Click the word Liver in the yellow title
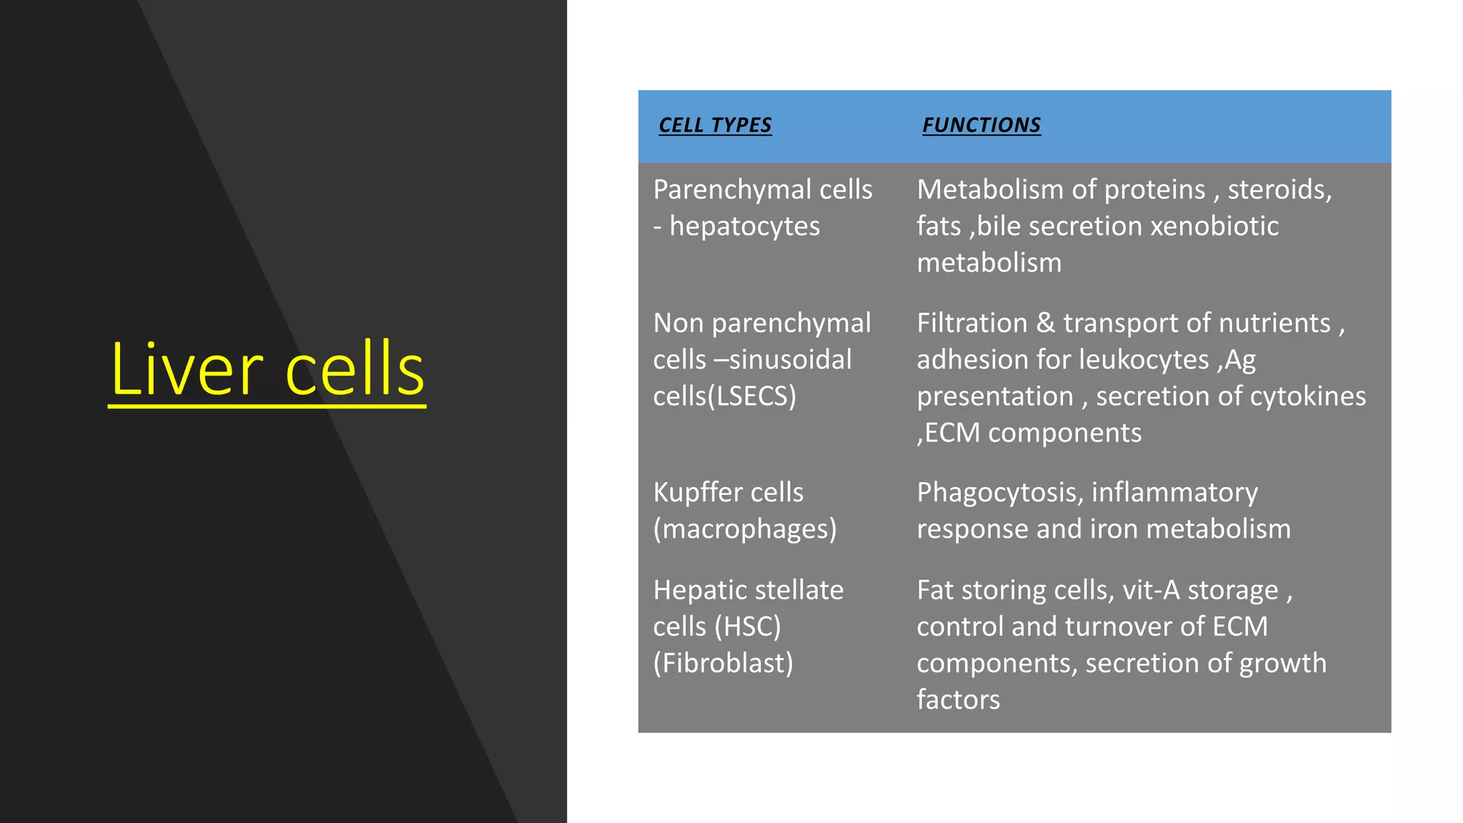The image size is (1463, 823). click(x=187, y=370)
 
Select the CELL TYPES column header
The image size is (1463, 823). click(x=715, y=125)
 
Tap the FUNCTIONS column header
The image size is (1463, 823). click(x=981, y=125)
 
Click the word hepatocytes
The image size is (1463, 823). click(x=744, y=226)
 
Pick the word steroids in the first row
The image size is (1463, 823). click(x=1279, y=190)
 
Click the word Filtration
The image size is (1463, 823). click(x=972, y=323)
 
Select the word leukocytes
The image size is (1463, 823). click(x=1144, y=359)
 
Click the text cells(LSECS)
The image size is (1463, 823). click(x=724, y=396)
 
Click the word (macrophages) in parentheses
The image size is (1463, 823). click(x=744, y=529)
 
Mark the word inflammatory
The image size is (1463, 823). click(x=1174, y=492)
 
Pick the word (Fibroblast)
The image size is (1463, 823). click(x=723, y=664)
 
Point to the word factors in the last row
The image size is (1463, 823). click(x=958, y=700)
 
